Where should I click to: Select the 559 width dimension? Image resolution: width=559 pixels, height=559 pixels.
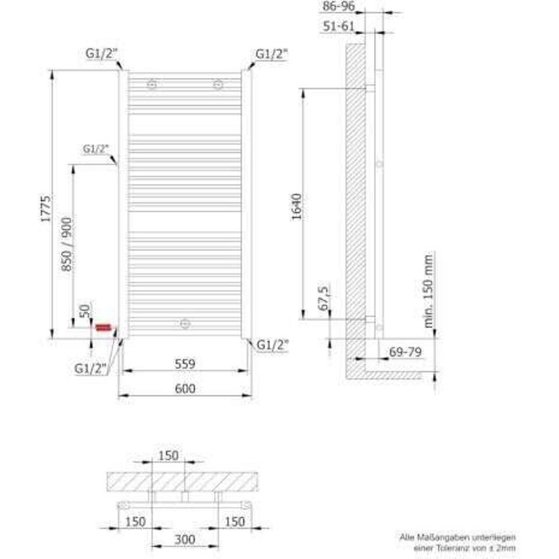click(x=184, y=364)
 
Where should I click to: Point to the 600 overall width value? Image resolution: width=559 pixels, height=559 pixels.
click(x=184, y=389)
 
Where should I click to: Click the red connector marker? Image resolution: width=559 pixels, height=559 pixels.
click(x=104, y=327)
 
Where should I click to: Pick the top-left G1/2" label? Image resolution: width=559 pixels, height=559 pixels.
click(x=101, y=54)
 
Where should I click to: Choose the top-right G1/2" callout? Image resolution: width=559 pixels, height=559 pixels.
click(x=272, y=54)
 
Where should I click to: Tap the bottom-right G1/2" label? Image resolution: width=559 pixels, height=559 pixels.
click(x=273, y=345)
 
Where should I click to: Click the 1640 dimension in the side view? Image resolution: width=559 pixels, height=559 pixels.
click(x=297, y=206)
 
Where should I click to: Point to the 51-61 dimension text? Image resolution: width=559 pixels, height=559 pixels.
click(x=338, y=26)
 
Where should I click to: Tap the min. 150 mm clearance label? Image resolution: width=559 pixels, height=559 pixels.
click(x=429, y=291)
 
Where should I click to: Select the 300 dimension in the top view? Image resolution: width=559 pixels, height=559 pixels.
click(x=184, y=540)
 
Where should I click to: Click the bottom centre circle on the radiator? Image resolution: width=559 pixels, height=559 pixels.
click(x=185, y=324)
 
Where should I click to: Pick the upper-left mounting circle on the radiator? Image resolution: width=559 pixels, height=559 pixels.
click(x=152, y=84)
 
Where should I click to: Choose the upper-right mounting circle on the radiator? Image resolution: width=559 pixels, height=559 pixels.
click(x=218, y=84)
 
